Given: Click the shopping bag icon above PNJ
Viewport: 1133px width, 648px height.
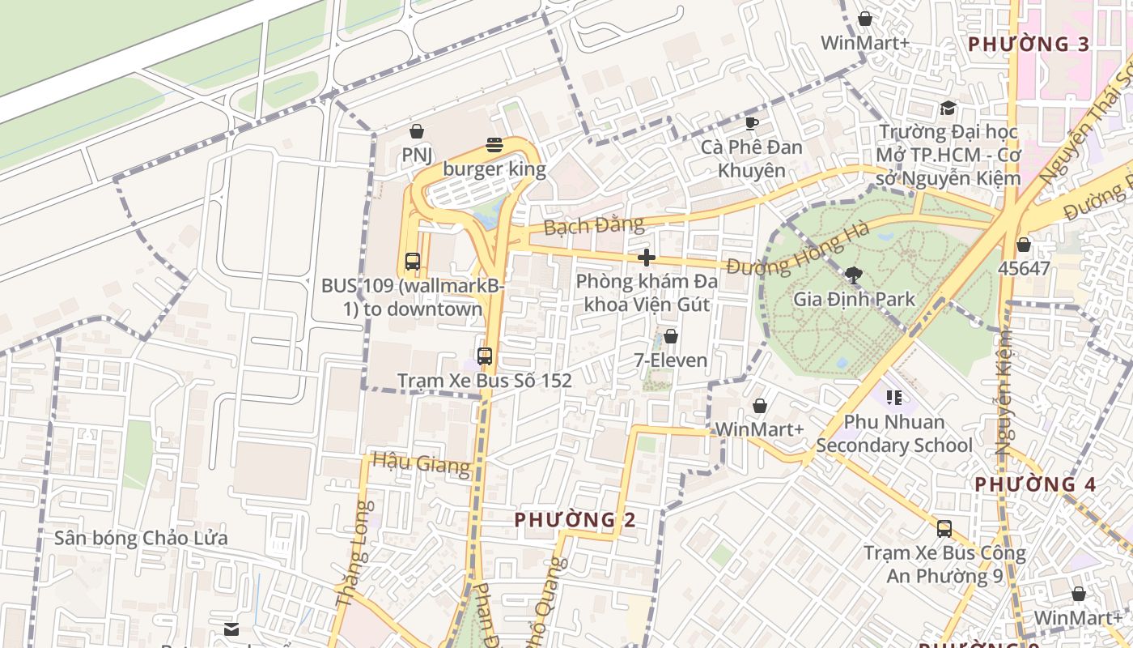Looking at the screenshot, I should (417, 131).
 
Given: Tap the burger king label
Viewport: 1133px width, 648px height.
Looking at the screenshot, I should (494, 170).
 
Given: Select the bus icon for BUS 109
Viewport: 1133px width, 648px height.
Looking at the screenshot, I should (413, 262).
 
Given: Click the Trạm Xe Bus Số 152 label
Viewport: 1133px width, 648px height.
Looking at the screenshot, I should (484, 381).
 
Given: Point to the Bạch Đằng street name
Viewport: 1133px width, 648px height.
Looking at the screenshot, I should (594, 225).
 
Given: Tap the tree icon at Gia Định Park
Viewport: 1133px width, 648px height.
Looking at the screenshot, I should (853, 275).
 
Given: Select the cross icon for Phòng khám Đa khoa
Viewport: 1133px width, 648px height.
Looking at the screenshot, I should (646, 258).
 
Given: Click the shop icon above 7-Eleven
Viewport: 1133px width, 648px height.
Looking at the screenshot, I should (670, 336).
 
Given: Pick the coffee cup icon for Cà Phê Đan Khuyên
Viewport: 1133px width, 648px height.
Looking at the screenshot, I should (751, 124).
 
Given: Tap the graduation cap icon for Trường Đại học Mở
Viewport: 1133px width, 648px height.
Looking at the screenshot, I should (948, 109).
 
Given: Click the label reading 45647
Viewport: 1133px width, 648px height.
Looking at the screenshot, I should (1024, 268).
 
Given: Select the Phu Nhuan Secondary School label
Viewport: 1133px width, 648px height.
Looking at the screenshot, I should (894, 433).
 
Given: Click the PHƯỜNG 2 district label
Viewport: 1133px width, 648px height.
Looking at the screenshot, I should (575, 519).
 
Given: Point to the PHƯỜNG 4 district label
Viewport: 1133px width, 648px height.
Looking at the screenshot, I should (1034, 484).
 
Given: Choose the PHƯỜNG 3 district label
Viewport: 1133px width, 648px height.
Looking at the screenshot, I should (1029, 45).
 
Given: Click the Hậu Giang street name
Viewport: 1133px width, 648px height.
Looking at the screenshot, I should (421, 463).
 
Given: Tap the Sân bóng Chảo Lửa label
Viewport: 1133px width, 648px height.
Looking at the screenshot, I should (141, 538).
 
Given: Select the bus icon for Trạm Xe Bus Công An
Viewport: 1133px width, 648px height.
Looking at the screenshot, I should (944, 529).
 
